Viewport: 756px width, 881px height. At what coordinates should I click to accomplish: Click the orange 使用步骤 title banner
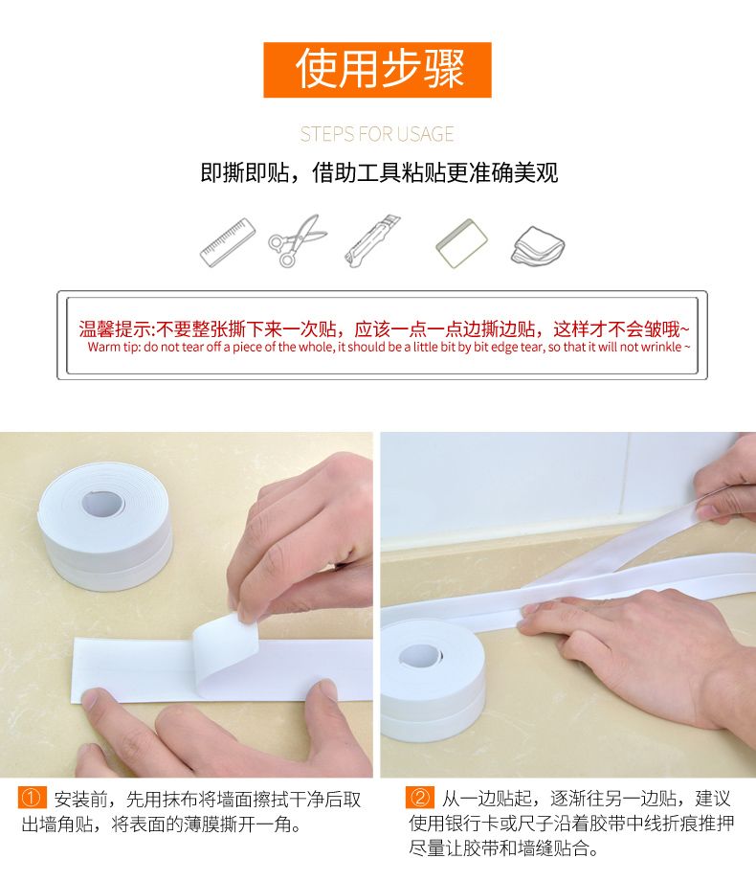[377, 70]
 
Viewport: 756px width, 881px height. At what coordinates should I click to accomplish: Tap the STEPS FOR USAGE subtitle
[377, 134]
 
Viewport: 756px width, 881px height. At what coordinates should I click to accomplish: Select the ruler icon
[228, 242]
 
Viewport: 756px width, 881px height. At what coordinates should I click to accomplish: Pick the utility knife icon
[373, 241]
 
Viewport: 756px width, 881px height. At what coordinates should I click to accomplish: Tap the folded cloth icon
[538, 245]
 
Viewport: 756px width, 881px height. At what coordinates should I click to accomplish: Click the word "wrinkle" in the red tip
[661, 348]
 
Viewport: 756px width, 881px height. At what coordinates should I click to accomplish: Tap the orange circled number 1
[31, 798]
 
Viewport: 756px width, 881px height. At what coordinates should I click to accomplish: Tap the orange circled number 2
[419, 798]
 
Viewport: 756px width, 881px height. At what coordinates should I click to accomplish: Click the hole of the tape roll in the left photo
[104, 503]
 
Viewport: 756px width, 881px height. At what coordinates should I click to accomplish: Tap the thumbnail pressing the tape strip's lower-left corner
[90, 698]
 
